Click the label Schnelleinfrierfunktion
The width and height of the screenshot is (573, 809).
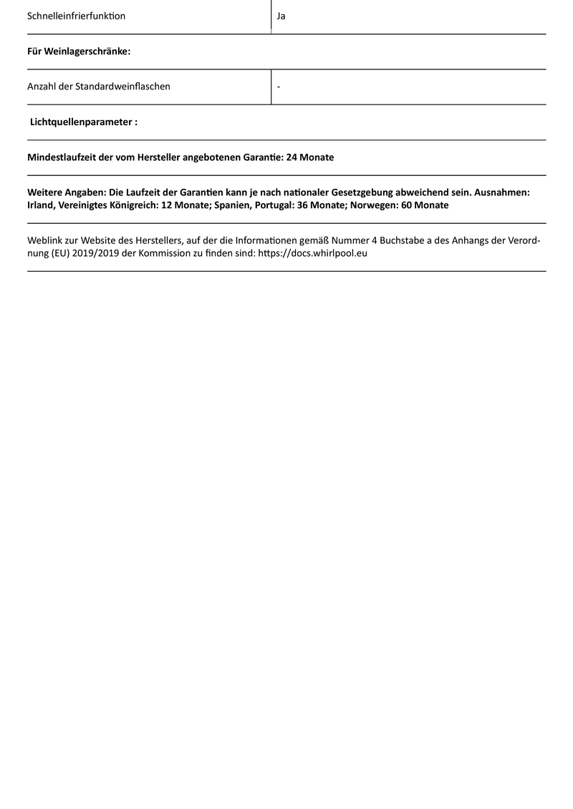pyautogui.click(x=76, y=16)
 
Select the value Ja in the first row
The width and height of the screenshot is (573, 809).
pyautogui.click(x=281, y=16)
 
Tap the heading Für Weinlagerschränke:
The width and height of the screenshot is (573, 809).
pyautogui.click(x=79, y=52)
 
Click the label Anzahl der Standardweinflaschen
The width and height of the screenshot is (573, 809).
pyautogui.click(x=99, y=87)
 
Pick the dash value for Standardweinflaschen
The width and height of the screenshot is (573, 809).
pyautogui.click(x=278, y=87)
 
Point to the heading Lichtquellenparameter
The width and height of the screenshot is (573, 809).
pyautogui.click(x=84, y=122)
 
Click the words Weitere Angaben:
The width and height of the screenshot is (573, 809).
pyautogui.click(x=66, y=193)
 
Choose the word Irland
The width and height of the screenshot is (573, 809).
pyautogui.click(x=42, y=205)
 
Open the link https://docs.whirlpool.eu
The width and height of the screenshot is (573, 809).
pyautogui.click(x=312, y=253)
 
